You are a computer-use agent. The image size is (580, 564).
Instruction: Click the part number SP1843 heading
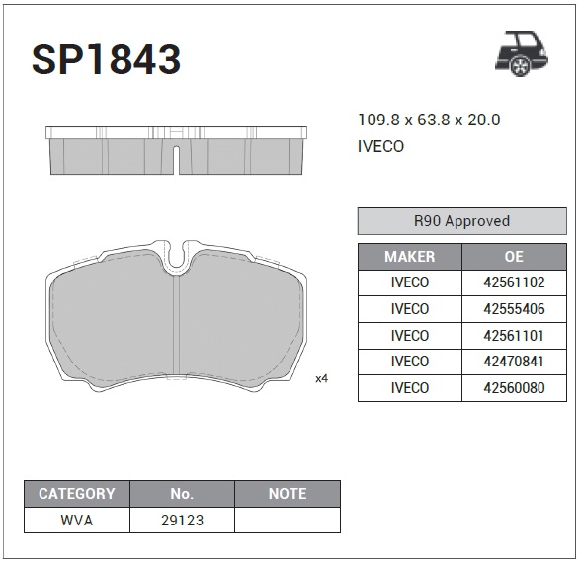(106, 59)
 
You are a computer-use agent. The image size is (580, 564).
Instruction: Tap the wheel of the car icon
(520, 66)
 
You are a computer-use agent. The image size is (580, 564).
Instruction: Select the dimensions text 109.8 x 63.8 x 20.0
(429, 120)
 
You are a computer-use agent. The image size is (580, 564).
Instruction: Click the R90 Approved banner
(462, 221)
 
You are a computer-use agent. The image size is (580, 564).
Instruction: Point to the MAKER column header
(410, 257)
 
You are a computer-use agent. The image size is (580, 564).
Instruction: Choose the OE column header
(514, 257)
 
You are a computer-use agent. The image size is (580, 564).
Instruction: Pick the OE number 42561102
(514, 282)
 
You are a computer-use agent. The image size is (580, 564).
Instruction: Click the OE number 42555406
(514, 309)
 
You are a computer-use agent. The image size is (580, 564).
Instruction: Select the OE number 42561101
(514, 336)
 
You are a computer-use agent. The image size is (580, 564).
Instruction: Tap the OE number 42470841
(514, 362)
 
